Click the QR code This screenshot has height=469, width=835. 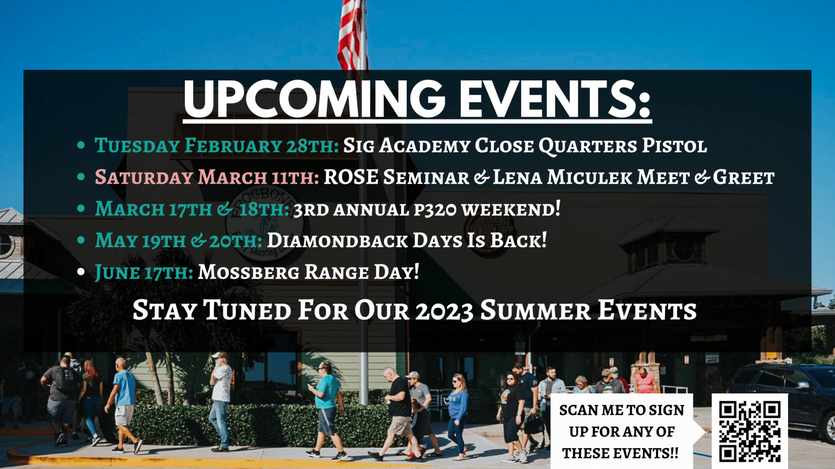pos(750,431)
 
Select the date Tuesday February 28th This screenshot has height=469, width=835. pos(217,145)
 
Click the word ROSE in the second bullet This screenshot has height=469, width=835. pos(351,177)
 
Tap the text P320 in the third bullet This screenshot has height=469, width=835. pos(435,210)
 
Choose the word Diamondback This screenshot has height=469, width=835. pos(337,241)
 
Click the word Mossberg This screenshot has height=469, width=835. pos(249,272)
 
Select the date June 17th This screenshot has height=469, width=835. pos(144,273)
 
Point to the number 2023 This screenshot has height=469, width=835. pos(444,311)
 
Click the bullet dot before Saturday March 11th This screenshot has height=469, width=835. pos(81,177)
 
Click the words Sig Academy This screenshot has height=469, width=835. pos(407,145)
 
